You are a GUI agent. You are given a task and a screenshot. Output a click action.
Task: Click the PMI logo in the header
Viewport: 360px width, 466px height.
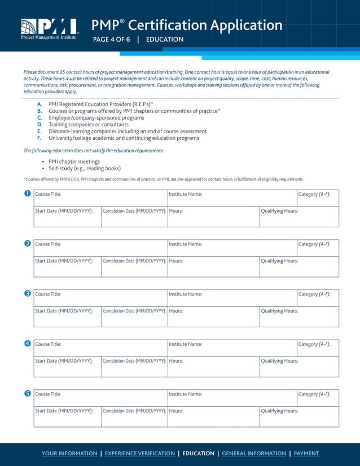pos(49,29)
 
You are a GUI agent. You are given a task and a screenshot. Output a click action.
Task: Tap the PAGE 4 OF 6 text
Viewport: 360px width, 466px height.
pos(111,39)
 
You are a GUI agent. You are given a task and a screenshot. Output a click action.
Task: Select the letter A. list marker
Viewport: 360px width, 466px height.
pos(39,104)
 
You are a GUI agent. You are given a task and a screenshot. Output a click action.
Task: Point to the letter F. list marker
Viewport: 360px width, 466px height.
pos(39,138)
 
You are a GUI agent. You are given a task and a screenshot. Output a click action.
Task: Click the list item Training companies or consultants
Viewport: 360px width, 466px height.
pos(89,125)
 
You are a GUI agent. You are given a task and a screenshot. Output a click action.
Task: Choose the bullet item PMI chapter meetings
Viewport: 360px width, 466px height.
pos(74,161)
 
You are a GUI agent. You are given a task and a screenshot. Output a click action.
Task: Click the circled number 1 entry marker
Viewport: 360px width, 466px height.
pos(27,195)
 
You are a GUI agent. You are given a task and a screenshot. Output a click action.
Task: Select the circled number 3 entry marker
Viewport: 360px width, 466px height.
pos(27,294)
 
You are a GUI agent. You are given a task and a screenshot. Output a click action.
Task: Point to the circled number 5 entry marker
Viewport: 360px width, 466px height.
pos(27,394)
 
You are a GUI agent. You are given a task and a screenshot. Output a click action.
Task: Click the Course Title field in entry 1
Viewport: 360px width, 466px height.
pos(100,198)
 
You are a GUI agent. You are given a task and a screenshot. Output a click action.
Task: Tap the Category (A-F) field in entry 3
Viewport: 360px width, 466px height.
pos(317,298)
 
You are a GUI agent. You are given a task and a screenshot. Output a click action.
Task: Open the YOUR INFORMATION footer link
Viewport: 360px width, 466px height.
pos(69,454)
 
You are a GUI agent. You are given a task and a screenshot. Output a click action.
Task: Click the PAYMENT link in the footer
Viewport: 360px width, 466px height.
pos(306,454)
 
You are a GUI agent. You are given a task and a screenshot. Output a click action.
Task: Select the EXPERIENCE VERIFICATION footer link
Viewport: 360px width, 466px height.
pos(140,454)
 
